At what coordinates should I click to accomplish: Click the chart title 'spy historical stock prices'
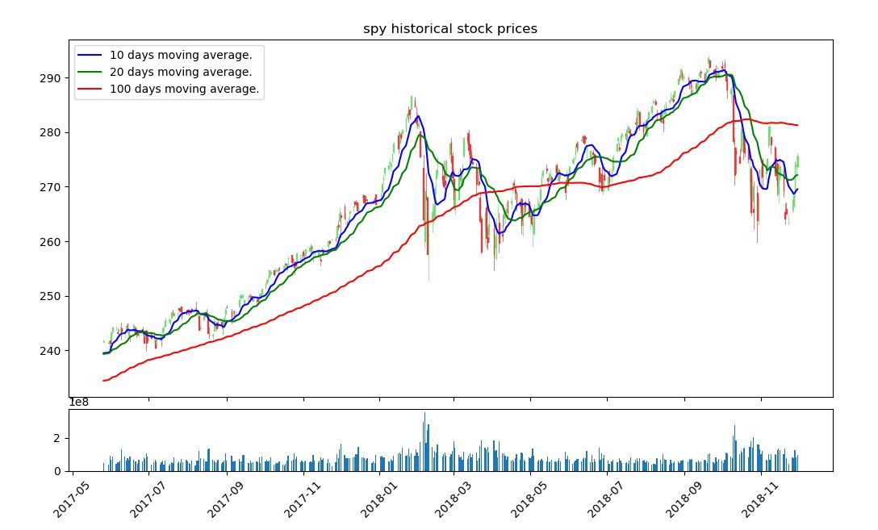point(450,28)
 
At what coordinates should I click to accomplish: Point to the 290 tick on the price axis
point(50,77)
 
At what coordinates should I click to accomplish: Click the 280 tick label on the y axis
point(50,132)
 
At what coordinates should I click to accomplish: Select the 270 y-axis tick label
point(50,187)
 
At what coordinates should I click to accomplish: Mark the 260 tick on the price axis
point(50,242)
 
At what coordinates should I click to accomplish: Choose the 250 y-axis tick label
point(50,296)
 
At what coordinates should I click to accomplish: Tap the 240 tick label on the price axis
point(50,351)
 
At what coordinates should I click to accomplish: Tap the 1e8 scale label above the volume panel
point(79,403)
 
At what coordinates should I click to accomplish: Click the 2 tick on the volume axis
point(57,438)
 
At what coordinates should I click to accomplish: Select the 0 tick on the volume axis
point(57,471)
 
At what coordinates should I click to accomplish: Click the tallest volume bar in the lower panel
point(424,442)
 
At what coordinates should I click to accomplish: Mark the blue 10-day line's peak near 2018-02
point(417,116)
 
